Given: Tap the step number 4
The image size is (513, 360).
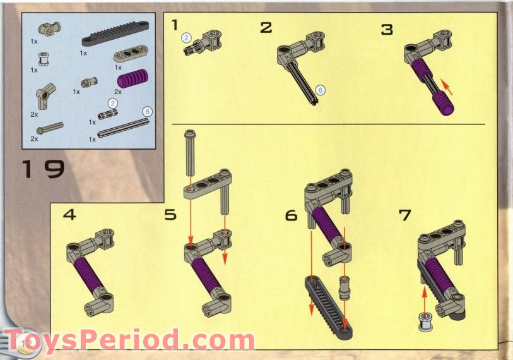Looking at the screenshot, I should click(x=69, y=215).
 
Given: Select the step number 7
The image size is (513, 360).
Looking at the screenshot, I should click(x=404, y=215).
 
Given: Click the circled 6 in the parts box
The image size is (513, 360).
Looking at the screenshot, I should click(x=147, y=111).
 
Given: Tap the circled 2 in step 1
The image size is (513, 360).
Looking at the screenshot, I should click(x=187, y=38).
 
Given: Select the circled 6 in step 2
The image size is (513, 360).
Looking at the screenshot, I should click(x=320, y=90).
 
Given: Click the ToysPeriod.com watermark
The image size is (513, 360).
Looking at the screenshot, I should click(x=129, y=340).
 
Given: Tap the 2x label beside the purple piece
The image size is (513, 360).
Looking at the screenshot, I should click(x=118, y=92).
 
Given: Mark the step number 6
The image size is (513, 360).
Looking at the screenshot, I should click(x=291, y=215).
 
